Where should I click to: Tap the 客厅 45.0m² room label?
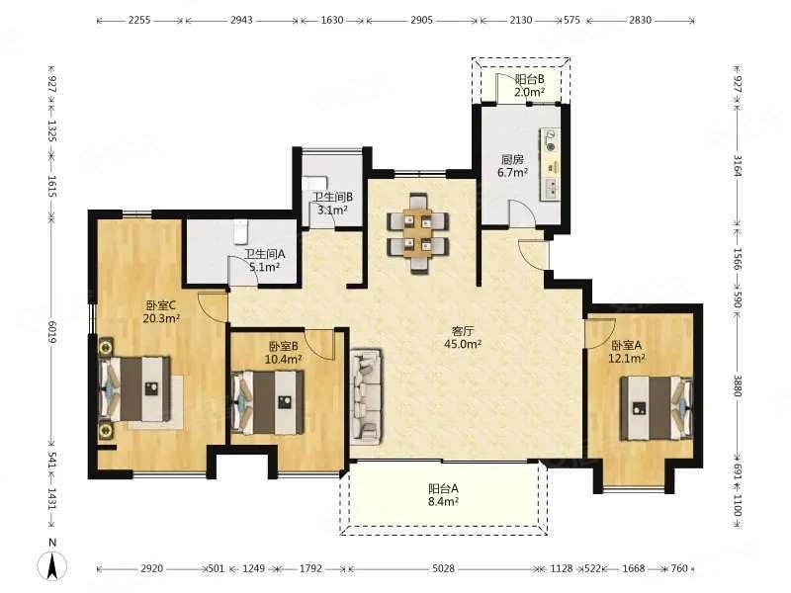tap(463, 338)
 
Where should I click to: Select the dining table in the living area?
tap(417, 233)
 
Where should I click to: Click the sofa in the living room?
tap(366, 396)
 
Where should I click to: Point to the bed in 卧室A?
tap(657, 408)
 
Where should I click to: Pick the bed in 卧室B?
tap(268, 402)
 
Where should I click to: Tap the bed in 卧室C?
tap(135, 389)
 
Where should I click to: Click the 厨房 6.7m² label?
tap(512, 166)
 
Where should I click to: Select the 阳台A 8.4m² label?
tap(443, 495)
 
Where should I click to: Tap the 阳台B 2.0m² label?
tap(529, 85)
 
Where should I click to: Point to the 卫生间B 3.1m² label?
tap(332, 204)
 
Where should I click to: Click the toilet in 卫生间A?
tap(241, 231)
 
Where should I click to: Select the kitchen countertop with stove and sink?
tap(551, 165)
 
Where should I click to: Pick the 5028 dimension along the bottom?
tap(443, 568)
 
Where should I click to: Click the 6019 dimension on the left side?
tap(52, 333)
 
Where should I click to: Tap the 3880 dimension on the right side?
tap(737, 385)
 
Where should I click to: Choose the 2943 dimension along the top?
tap(241, 20)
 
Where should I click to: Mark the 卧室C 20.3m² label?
tap(161, 311)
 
